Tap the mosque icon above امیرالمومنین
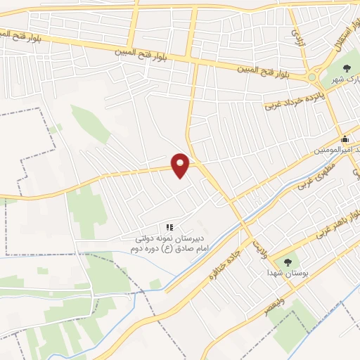[x=345, y=139]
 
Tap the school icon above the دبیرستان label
[x=169, y=227]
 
